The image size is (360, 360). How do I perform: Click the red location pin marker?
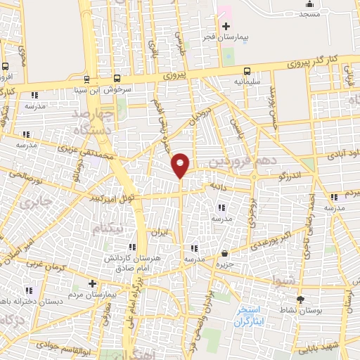(x=181, y=165)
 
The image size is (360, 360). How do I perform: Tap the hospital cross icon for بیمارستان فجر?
(x=226, y=26)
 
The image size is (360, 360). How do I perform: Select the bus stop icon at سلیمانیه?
(x=247, y=70)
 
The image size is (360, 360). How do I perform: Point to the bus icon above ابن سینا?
(x=86, y=79)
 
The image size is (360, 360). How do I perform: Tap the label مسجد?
(x=309, y=13)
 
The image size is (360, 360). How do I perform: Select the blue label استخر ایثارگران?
(x=250, y=315)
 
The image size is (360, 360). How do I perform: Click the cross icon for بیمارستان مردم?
(x=92, y=283)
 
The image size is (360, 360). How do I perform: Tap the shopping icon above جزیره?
(x=224, y=254)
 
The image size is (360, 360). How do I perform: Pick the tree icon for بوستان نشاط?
(x=301, y=300)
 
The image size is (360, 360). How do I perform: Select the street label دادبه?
(x=216, y=186)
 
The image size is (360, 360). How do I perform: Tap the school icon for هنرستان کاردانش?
(x=131, y=247)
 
